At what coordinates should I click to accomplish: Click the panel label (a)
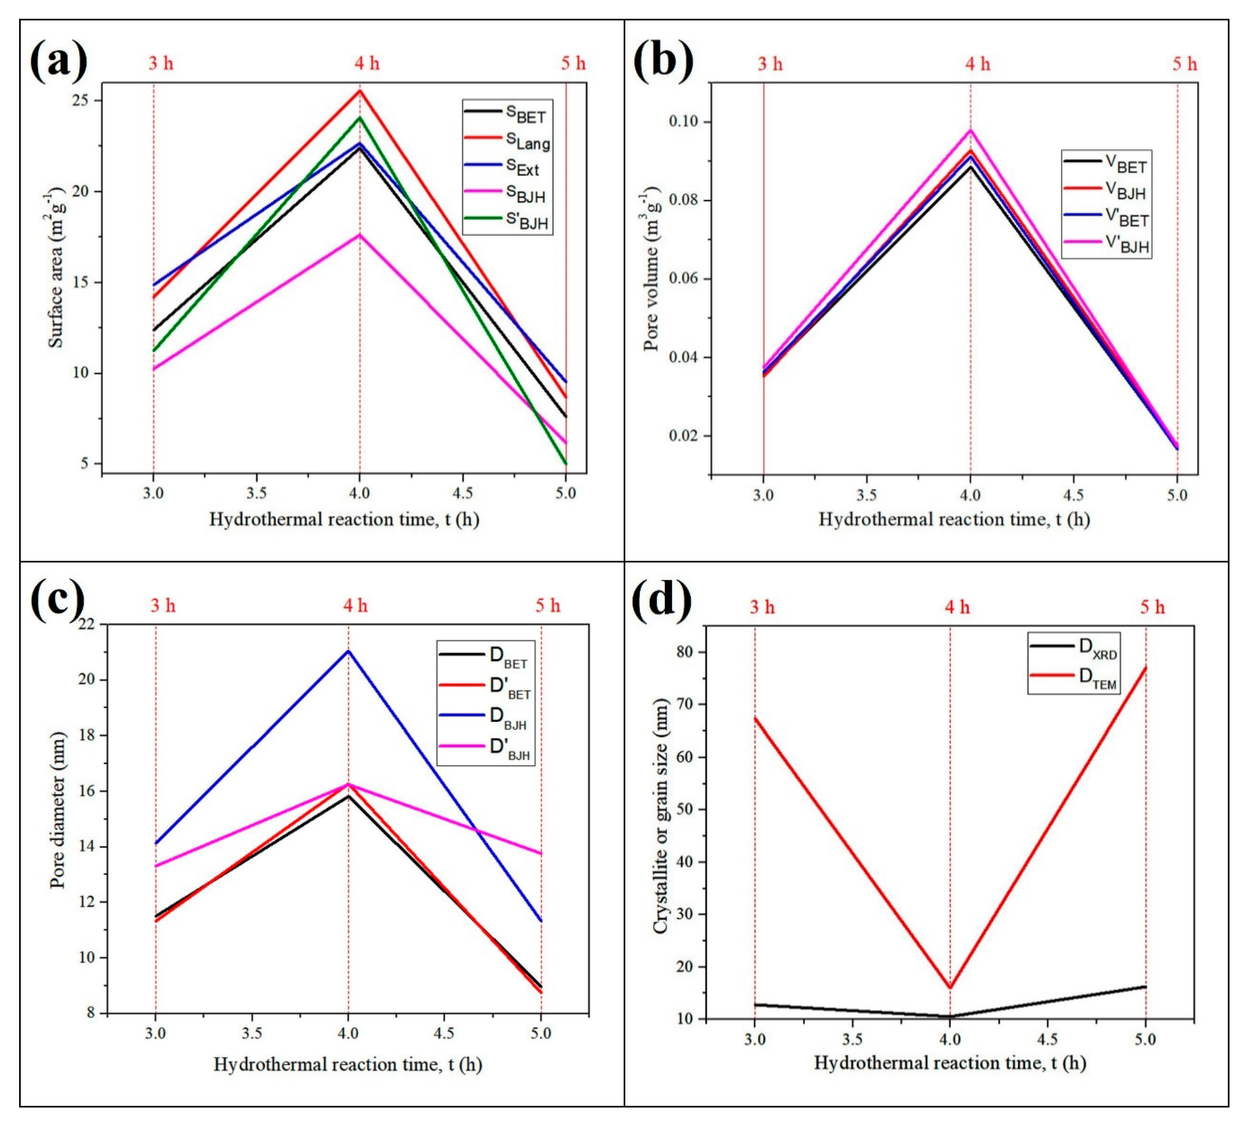59,62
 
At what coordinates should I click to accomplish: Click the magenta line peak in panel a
360,235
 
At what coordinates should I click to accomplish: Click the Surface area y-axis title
57,271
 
